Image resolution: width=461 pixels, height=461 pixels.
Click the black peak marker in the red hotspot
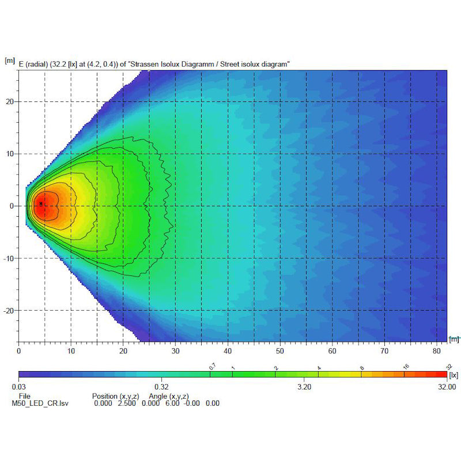coord(41,203)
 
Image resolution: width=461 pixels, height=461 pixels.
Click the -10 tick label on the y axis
coord(9,258)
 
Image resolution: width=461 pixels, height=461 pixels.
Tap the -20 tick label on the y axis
coord(9,311)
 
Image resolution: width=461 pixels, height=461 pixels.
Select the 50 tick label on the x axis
coord(280,350)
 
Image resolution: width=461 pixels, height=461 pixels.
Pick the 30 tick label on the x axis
coord(175,350)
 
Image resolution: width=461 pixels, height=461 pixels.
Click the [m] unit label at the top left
coord(10,60)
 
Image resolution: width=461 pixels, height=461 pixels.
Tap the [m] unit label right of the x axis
coord(454,339)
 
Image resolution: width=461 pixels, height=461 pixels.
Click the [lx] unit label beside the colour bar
coord(455,375)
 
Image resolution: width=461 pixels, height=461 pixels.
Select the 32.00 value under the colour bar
coord(447,387)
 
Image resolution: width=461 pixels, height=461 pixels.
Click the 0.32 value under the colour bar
coord(161,387)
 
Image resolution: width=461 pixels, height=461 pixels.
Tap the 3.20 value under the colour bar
coord(304,387)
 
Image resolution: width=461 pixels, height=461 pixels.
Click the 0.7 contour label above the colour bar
coord(211,366)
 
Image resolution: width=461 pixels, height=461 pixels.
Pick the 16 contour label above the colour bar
coord(406,366)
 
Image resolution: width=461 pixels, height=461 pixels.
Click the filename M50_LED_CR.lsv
coord(36,403)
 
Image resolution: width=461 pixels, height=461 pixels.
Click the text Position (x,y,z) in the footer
coord(117,396)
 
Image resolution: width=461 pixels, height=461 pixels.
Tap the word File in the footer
coord(24,396)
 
